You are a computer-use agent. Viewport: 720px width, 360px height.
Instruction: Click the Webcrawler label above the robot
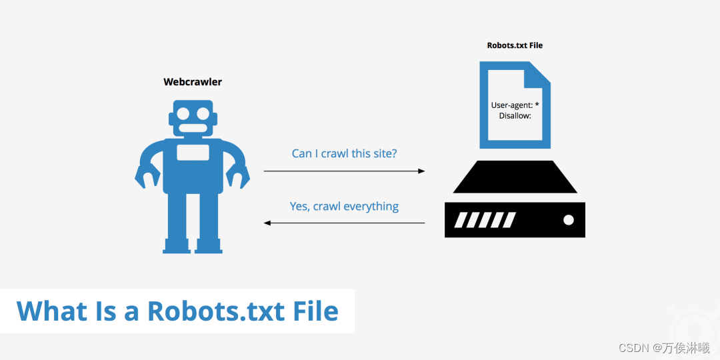tap(193, 82)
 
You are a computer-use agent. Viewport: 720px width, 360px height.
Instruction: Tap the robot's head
tap(193, 119)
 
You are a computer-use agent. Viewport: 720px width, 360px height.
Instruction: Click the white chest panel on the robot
tap(193, 152)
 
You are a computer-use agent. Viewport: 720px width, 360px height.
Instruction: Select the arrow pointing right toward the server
tap(344, 171)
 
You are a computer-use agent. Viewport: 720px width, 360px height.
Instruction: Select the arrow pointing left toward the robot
tap(344, 223)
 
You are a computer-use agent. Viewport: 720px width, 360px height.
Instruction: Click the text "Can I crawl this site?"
tap(344, 153)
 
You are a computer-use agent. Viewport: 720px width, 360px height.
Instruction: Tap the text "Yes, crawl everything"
tap(344, 206)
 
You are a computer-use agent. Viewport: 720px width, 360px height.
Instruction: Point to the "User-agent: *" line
tap(515, 105)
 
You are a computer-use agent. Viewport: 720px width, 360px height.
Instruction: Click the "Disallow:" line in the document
tap(515, 116)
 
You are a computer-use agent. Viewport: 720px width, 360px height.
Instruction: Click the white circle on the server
tap(568, 219)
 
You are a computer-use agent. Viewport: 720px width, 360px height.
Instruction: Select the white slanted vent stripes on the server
tap(484, 220)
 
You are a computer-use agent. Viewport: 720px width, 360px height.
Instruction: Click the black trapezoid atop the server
tap(515, 177)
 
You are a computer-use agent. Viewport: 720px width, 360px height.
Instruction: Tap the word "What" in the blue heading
tap(51, 311)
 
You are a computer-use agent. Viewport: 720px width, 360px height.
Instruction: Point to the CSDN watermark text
tap(663, 348)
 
